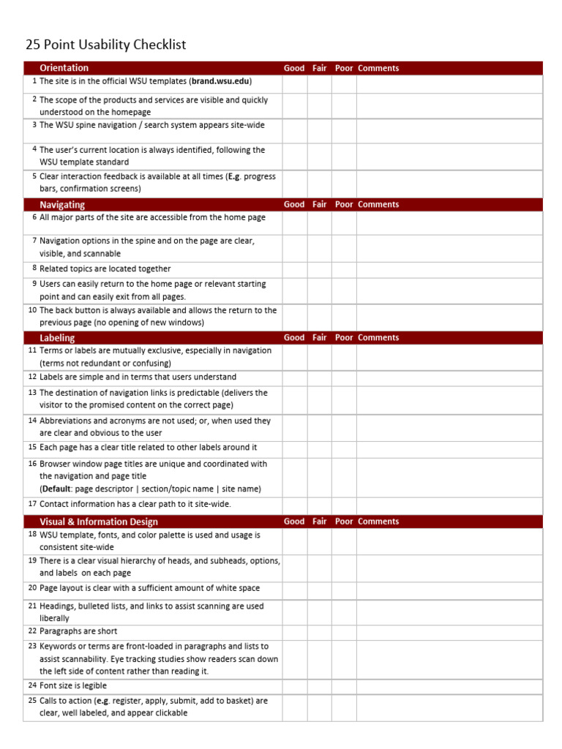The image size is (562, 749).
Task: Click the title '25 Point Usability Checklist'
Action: [x=105, y=45]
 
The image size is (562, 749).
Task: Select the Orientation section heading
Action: [x=64, y=68]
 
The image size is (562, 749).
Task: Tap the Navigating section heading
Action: [x=62, y=205]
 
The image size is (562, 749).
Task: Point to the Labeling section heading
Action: [x=57, y=338]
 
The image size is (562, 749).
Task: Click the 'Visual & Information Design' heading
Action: [x=98, y=522]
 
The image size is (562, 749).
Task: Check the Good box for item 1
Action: [x=294, y=84]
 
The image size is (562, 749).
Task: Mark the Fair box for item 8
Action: [x=319, y=269]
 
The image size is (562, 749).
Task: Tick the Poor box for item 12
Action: [x=344, y=377]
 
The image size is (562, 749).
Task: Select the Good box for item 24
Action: [x=294, y=686]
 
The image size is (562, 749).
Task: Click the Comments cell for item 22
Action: [x=449, y=632]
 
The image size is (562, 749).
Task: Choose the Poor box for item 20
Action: [x=344, y=590]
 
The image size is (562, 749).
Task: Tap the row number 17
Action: [x=32, y=504]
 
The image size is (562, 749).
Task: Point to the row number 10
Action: [x=32, y=310]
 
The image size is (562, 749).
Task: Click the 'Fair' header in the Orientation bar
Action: [x=319, y=68]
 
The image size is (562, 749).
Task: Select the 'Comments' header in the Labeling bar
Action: [x=378, y=338]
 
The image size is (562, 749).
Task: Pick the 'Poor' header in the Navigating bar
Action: [x=344, y=205]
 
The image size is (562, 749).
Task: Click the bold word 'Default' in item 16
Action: [x=56, y=489]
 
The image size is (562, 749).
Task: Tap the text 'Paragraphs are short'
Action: [x=78, y=631]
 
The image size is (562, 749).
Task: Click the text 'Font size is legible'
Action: [x=73, y=686]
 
